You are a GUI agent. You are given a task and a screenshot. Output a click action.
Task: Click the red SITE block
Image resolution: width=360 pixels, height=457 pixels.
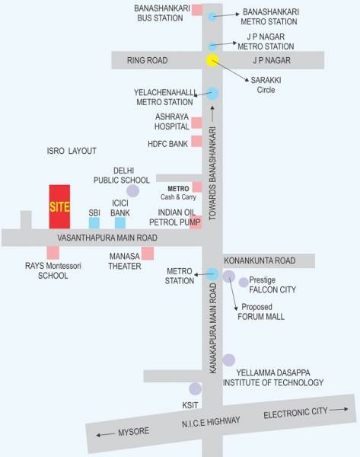tap(59, 206)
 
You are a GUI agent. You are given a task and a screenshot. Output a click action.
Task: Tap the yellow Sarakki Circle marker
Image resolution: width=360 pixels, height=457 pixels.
tap(212, 60)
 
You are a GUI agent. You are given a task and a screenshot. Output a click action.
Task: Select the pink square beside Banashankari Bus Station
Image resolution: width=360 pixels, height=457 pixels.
tap(196, 11)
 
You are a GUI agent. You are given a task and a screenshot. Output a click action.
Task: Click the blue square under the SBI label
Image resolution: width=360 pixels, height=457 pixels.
tap(94, 223)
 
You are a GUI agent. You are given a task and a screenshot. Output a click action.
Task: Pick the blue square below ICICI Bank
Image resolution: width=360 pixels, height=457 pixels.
tap(120, 223)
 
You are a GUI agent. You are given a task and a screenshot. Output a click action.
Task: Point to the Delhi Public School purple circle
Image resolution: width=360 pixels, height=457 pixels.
tap(132, 190)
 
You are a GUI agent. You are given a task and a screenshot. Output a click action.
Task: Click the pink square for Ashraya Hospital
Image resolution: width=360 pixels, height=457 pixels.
tap(196, 122)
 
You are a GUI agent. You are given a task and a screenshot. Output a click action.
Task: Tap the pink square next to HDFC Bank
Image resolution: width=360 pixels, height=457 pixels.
tap(196, 141)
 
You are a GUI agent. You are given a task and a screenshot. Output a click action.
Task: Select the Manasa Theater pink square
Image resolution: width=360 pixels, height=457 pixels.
tap(148, 253)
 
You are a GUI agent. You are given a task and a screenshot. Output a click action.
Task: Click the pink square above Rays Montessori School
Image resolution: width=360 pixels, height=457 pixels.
tap(53, 252)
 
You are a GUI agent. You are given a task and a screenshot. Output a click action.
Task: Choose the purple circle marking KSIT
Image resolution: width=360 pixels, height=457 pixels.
tap(196, 389)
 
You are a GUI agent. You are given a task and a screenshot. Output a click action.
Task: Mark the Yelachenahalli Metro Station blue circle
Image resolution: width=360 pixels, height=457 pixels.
tap(212, 94)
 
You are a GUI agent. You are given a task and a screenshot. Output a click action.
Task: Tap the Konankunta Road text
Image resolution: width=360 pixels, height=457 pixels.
tap(259, 260)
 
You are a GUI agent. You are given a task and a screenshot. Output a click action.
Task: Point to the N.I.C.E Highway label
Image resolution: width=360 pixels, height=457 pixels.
tap(211, 423)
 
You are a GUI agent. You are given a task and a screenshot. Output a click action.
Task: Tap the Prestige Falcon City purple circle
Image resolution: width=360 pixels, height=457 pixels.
tap(244, 283)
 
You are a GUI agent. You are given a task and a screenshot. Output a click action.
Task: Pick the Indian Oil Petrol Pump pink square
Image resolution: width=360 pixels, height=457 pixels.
tap(196, 223)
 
